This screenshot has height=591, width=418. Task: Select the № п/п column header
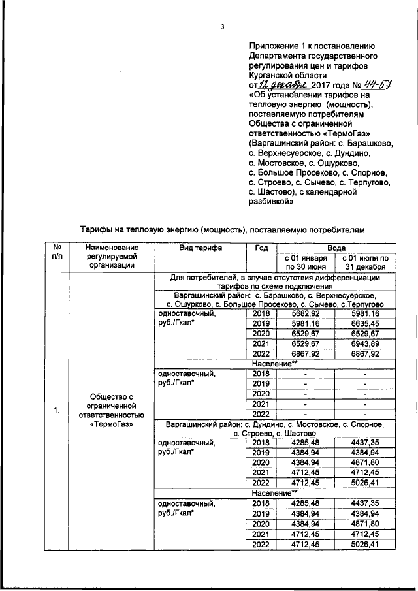57,255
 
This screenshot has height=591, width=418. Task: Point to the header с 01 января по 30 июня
304,261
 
